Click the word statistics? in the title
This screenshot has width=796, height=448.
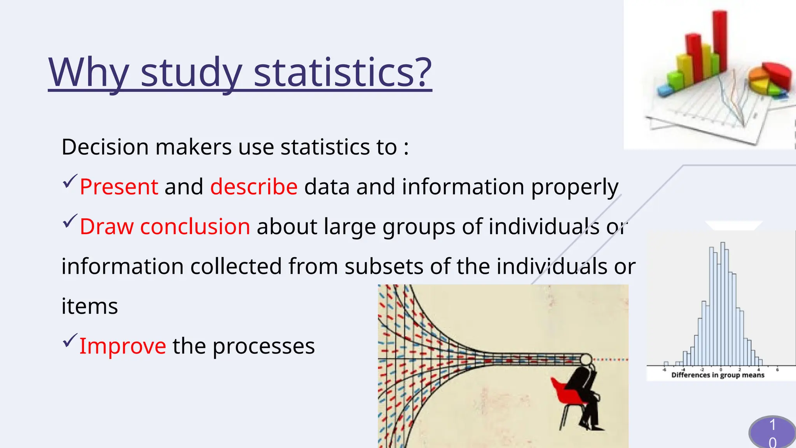click(342, 72)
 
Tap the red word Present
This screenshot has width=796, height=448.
click(119, 187)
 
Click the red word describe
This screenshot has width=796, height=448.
click(254, 187)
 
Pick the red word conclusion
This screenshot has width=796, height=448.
click(195, 227)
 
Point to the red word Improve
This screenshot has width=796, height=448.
click(123, 346)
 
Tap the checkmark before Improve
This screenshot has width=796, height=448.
click(70, 341)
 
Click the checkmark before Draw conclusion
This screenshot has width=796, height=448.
click(70, 221)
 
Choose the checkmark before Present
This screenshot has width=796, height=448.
click(70, 181)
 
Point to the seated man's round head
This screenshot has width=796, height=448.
click(586, 360)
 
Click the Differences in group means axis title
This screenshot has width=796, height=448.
click(717, 375)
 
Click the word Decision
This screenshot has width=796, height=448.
click(105, 147)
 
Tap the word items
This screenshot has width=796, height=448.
click(90, 306)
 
